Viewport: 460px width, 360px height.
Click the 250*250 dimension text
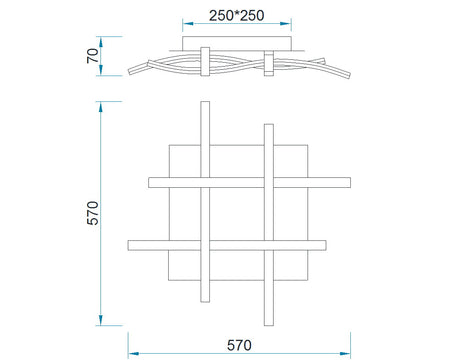click(x=237, y=16)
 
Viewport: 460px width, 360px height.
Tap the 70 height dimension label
click(x=93, y=56)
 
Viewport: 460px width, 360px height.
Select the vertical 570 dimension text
click(x=93, y=213)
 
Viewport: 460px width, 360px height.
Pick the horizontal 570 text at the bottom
click(x=239, y=345)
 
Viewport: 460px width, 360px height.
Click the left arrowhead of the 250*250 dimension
click(x=188, y=24)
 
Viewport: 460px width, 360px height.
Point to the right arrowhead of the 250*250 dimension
click(x=286, y=24)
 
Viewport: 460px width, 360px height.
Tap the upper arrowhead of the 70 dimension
click(x=101, y=42)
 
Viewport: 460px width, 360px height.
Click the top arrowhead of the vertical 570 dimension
click(x=101, y=107)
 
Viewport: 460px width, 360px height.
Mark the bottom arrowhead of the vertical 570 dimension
click(x=101, y=320)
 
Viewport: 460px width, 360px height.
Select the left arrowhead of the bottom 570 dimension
click(x=134, y=353)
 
